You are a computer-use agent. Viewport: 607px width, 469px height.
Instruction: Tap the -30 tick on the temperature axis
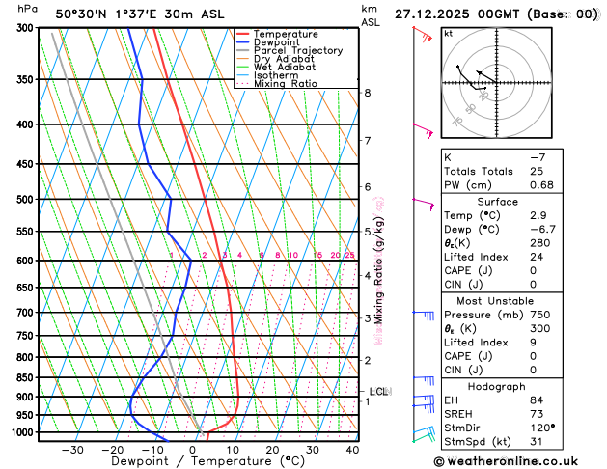point(72,449)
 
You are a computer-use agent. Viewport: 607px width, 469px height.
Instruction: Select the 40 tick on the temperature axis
point(352,449)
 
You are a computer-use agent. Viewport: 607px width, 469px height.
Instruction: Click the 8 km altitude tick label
point(368,93)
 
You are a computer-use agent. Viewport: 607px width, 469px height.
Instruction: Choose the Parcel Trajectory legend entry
point(297,50)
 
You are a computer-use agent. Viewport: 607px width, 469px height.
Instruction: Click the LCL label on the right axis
point(378,391)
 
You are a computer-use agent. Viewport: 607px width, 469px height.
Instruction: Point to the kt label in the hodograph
point(448,33)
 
